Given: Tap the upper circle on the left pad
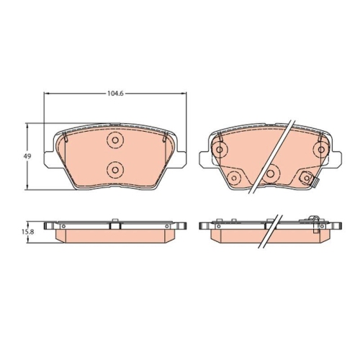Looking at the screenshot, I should [x=114, y=141].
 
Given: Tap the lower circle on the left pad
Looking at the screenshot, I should [x=114, y=169].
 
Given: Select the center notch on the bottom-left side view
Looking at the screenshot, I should [x=114, y=225].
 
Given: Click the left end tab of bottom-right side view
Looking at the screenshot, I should [x=202, y=227].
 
